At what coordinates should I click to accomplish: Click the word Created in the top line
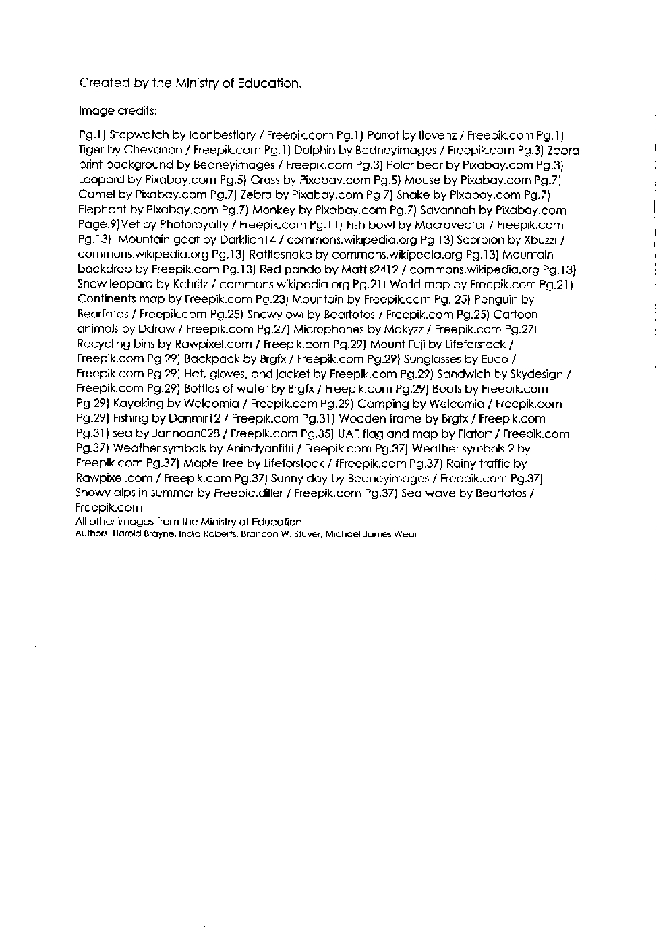pyautogui.click(x=105, y=83)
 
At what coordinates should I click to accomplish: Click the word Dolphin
pyautogui.click(x=314, y=150)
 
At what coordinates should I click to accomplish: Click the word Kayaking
pyautogui.click(x=138, y=404)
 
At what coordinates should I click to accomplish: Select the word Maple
pyautogui.click(x=200, y=464)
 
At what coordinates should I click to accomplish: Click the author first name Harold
pyautogui.click(x=124, y=534)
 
